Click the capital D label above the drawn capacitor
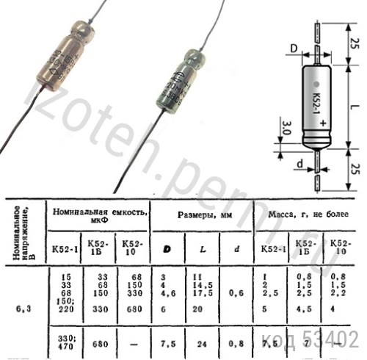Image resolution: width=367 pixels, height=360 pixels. click(x=292, y=49)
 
